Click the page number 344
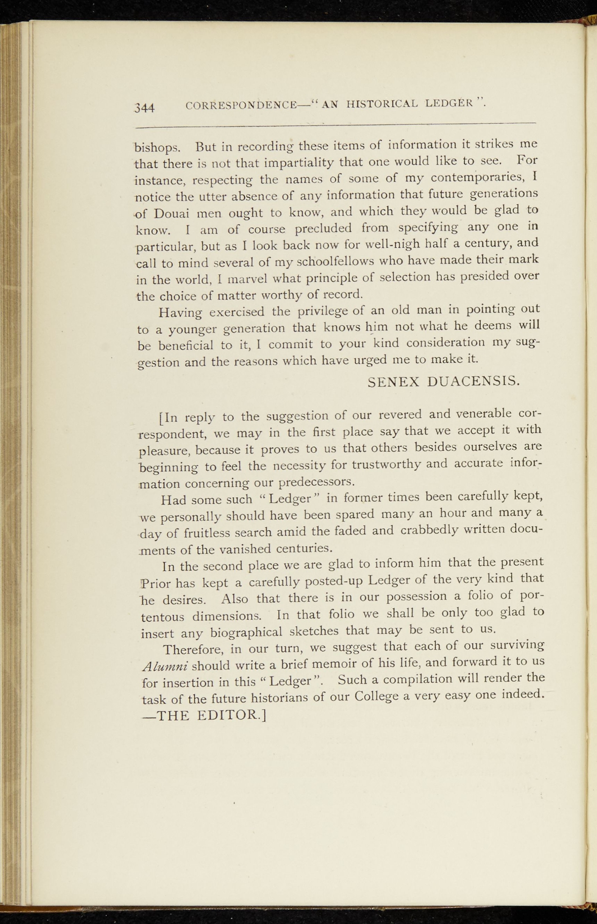coord(145,107)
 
